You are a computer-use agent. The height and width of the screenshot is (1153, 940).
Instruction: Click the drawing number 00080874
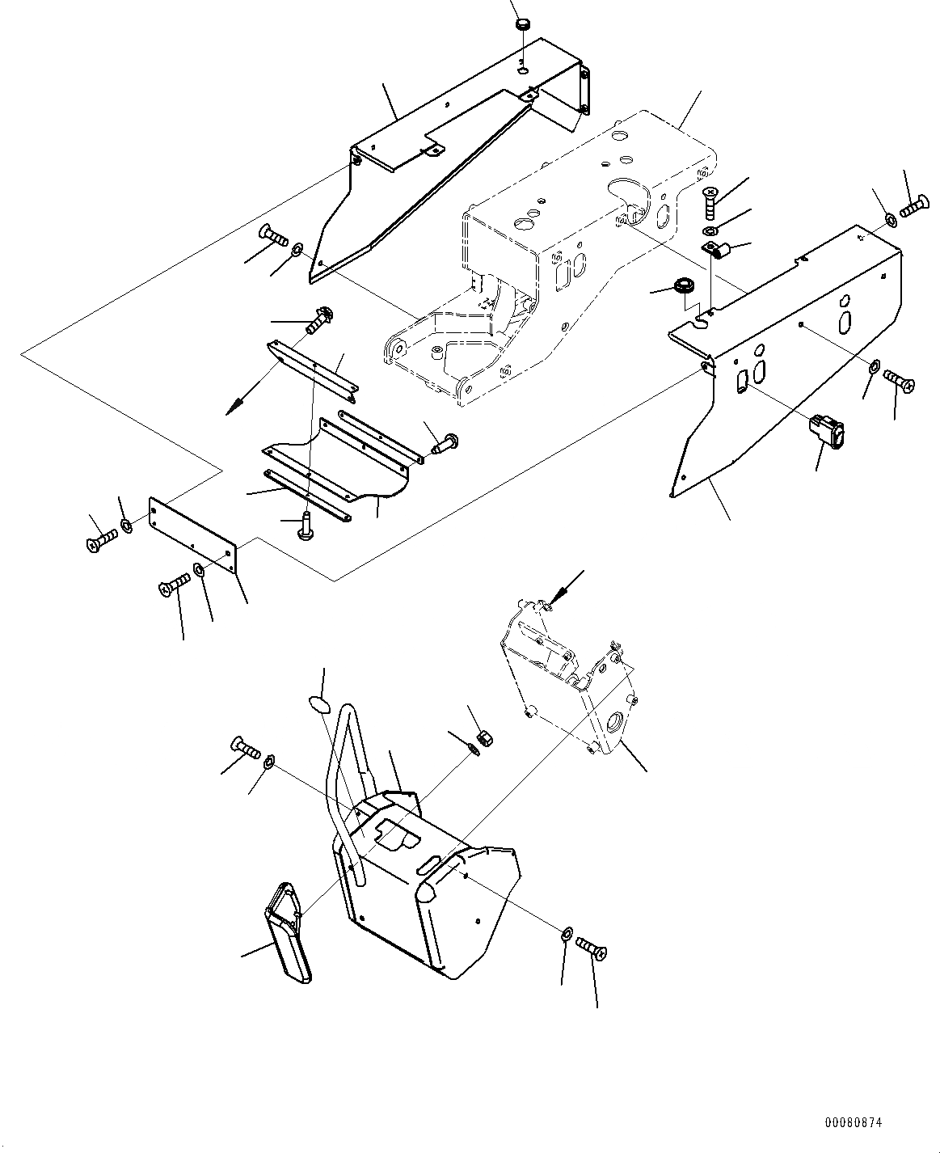click(854, 1123)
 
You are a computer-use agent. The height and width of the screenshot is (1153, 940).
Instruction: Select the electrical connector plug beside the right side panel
click(828, 432)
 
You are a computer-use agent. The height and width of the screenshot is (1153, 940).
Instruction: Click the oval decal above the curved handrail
click(320, 704)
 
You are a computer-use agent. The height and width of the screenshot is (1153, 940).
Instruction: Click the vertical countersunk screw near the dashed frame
click(708, 199)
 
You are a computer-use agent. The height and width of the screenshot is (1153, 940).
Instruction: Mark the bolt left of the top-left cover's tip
click(273, 236)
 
